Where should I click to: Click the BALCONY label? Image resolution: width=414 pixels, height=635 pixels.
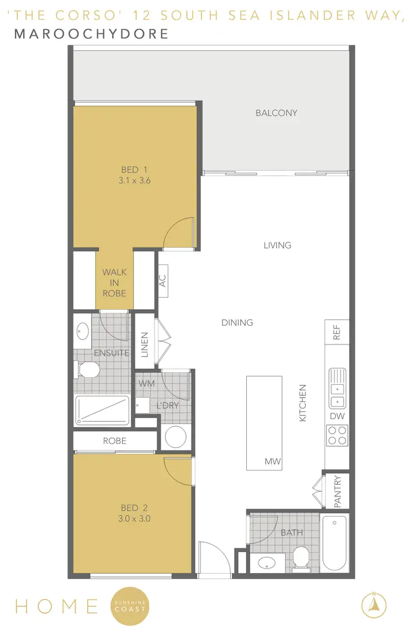point(276,113)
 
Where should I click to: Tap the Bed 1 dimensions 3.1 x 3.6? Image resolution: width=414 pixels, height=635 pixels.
point(135,181)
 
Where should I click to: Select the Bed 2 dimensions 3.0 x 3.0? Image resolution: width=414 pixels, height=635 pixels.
point(135,518)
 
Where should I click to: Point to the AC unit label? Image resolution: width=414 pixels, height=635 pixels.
point(163,281)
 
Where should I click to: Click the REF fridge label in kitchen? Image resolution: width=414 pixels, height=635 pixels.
point(337,332)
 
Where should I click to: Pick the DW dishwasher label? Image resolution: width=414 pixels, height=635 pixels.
point(337,416)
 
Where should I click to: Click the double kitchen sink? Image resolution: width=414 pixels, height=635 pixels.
point(337,388)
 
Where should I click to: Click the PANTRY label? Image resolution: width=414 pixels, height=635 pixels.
point(338,491)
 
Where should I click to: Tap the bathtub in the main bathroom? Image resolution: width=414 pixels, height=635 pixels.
point(335,543)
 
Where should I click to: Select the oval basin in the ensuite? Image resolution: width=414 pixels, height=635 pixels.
point(83,332)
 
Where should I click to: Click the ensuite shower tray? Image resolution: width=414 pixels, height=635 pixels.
point(102,410)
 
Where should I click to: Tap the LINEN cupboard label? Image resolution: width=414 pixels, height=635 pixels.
point(145,344)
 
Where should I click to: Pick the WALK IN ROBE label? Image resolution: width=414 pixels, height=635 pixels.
point(114,283)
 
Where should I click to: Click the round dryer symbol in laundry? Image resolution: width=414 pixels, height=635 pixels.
point(177,437)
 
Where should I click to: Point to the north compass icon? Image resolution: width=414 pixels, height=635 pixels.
point(374,604)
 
